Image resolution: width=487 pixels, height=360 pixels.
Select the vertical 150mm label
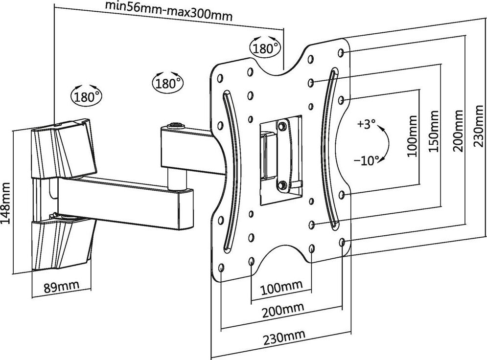point(434,133)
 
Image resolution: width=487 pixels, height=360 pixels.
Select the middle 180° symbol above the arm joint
point(168,82)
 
